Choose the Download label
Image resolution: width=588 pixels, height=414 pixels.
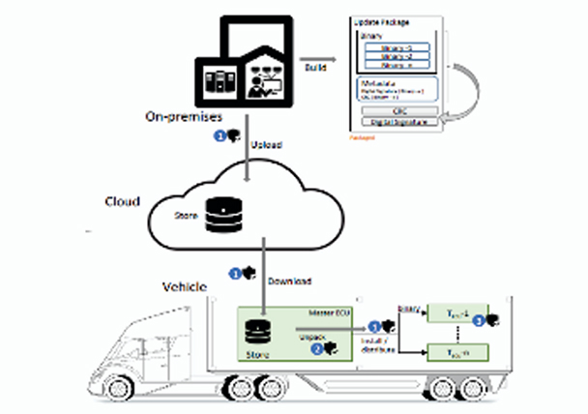point(289,281)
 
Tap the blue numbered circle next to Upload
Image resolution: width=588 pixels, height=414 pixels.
point(220,137)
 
